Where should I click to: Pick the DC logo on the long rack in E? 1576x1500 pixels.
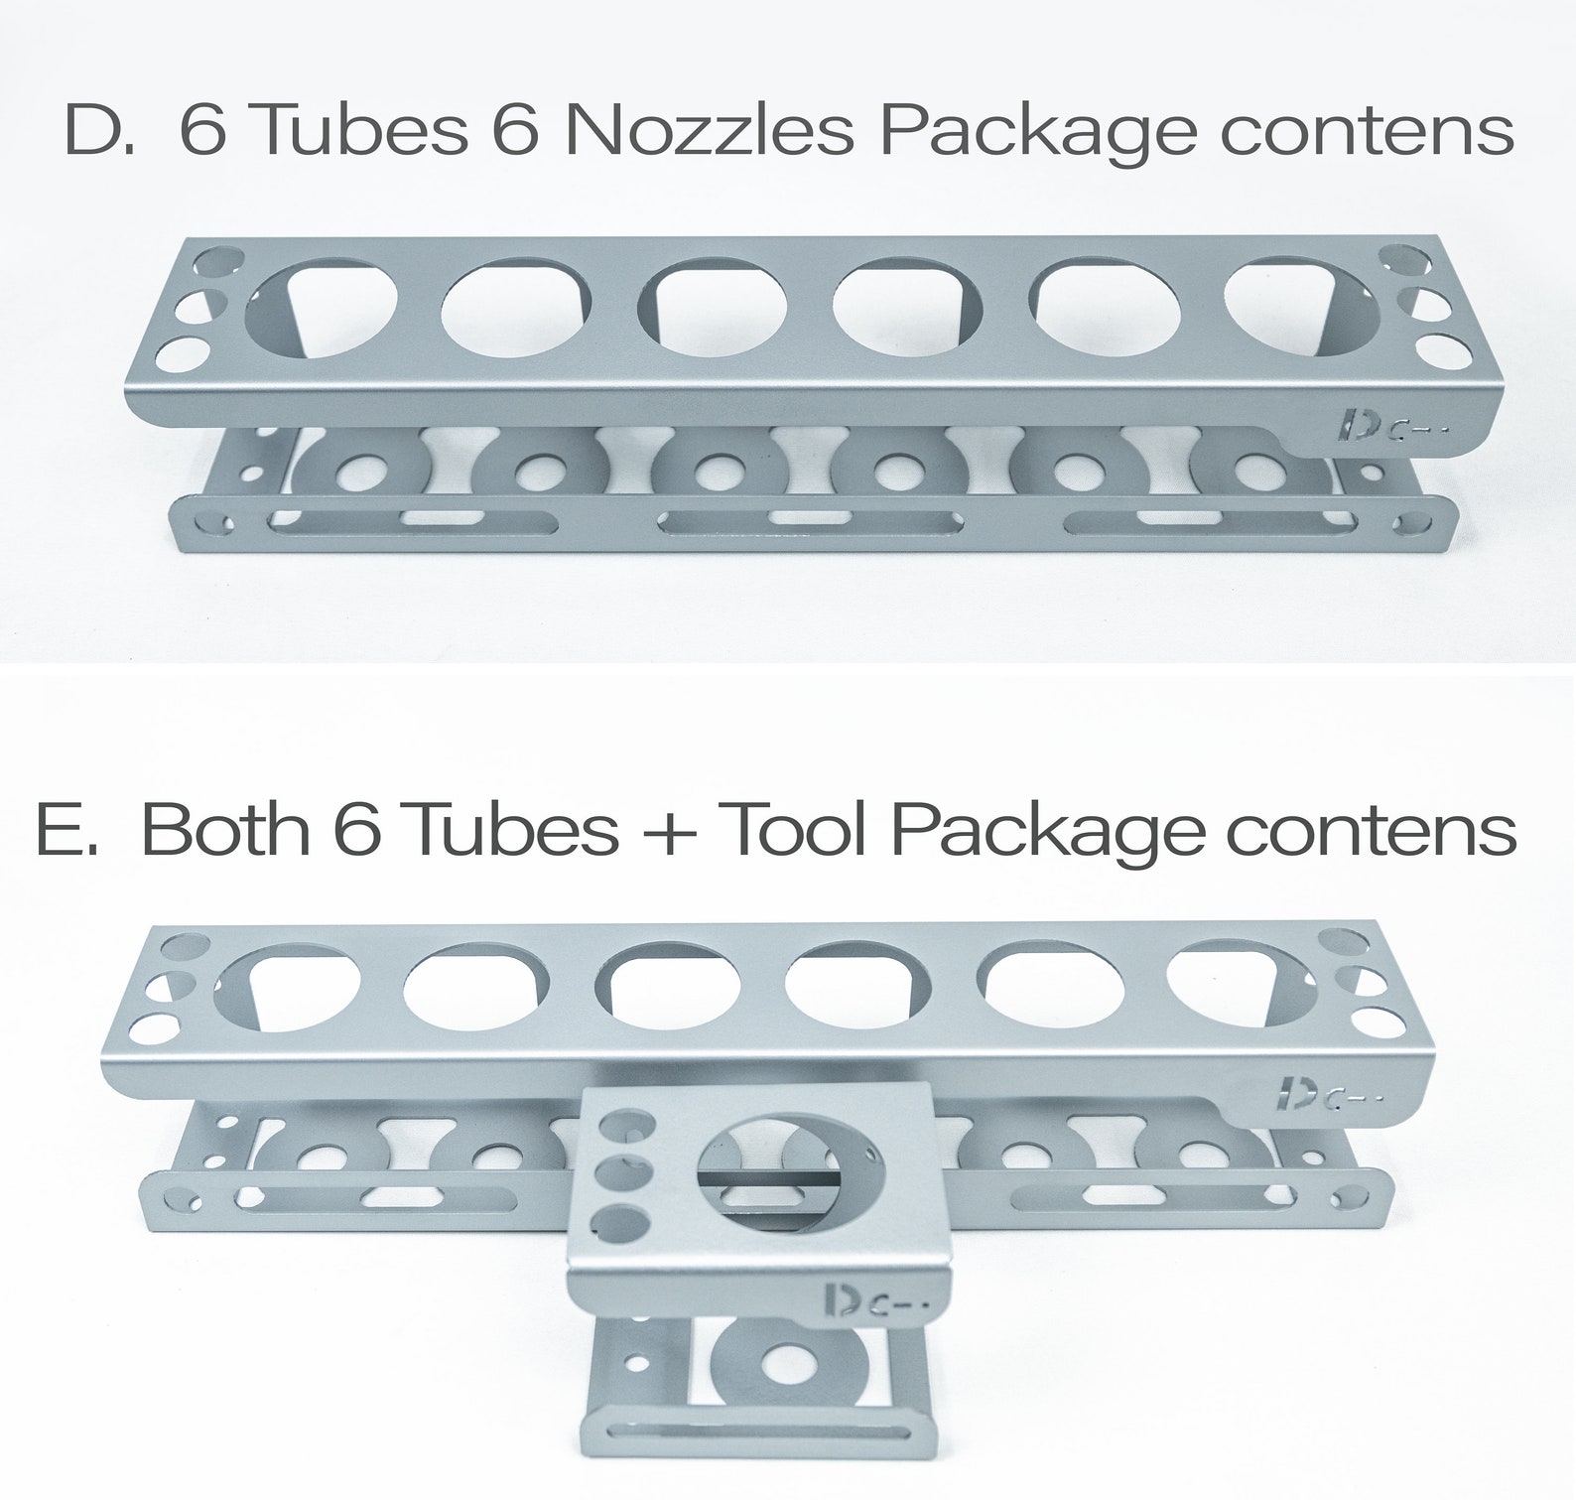click(x=1326, y=1090)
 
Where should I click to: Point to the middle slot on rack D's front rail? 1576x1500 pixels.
click(x=808, y=517)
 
